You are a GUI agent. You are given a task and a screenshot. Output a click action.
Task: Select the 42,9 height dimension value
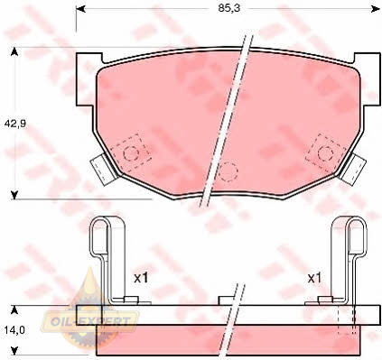click(15, 124)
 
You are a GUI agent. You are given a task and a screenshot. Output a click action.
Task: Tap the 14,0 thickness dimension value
click(14, 330)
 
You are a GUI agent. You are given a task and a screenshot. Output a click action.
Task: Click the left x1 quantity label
click(141, 278)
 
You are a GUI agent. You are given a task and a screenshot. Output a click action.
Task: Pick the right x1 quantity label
click(314, 278)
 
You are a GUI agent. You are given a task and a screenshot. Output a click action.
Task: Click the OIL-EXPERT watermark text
click(89, 322)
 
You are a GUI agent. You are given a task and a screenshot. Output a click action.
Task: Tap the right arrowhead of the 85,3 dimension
click(376, 9)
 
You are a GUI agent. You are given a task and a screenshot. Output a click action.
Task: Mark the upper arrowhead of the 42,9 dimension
click(14, 52)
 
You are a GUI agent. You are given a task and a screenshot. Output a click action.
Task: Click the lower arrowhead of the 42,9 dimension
click(14, 195)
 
